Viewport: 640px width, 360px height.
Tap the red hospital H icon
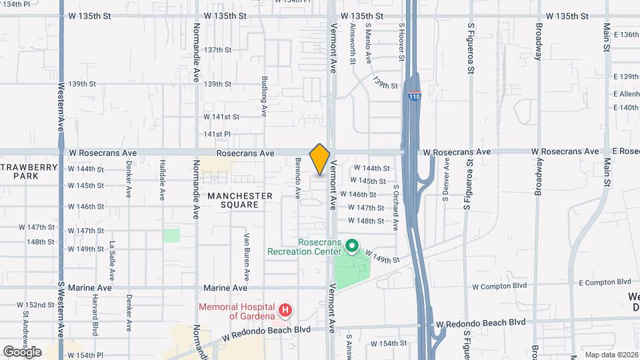(285, 310)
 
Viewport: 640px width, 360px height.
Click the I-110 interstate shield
(414, 96)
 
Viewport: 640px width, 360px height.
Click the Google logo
(22, 351)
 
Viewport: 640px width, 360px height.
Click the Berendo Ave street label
(298, 179)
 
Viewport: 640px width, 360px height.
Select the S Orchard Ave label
(396, 207)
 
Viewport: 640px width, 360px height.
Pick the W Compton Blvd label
(499, 287)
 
